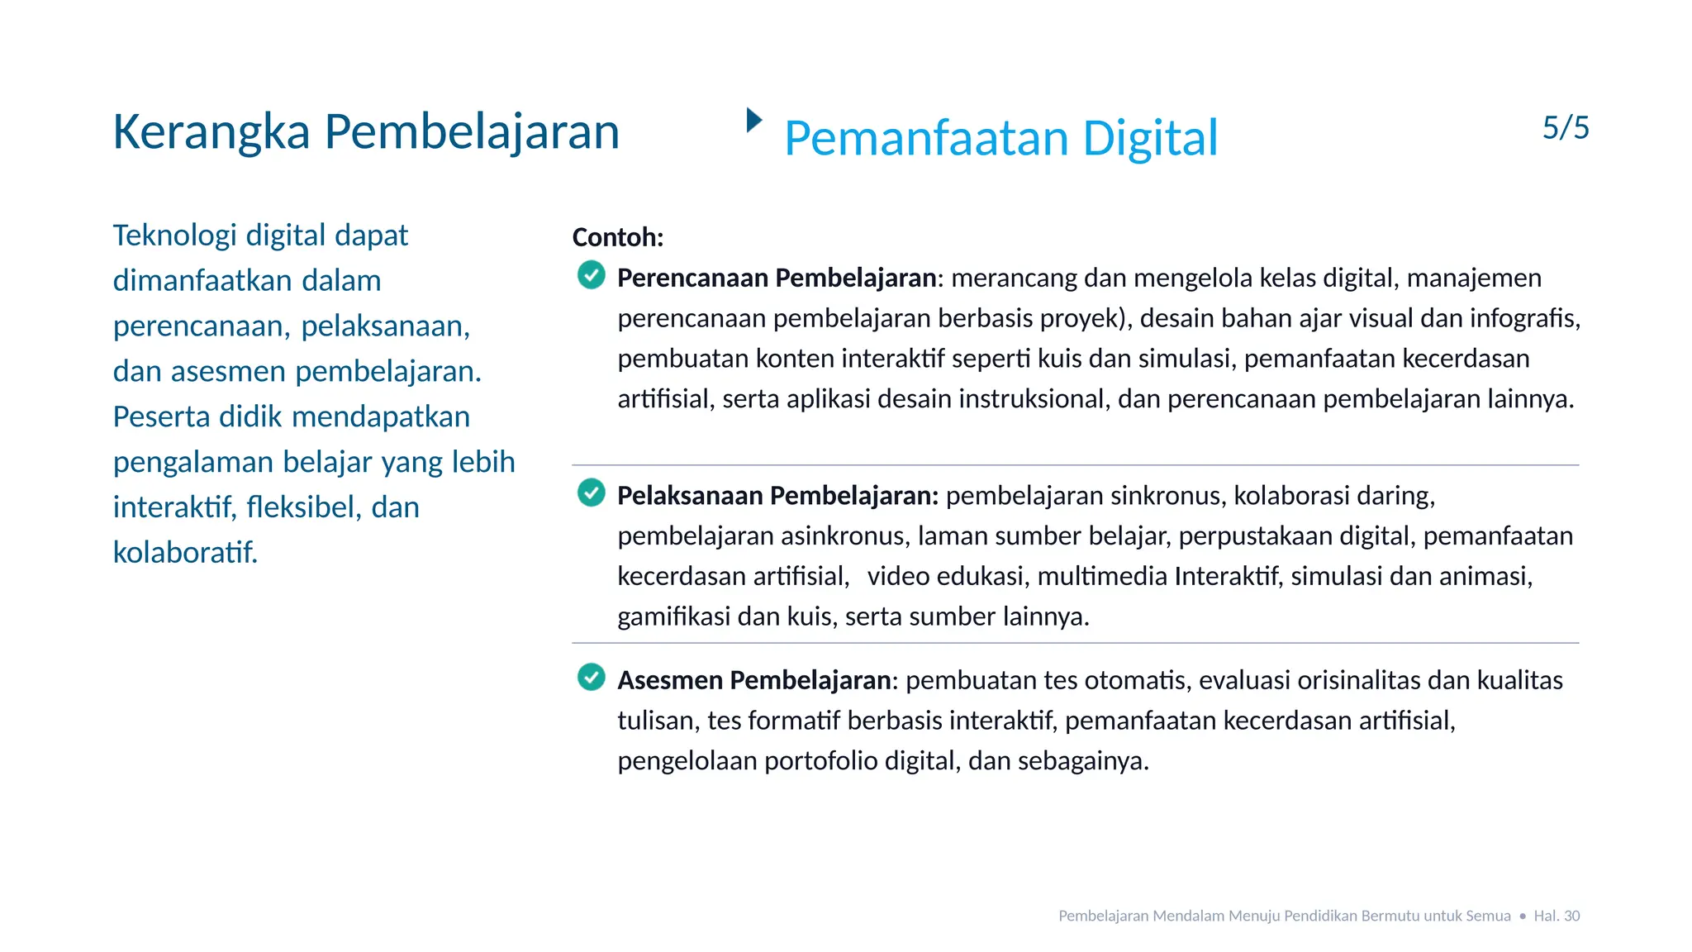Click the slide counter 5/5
coord(1566,128)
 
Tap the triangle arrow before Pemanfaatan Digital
coord(753,120)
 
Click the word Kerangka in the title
coord(211,132)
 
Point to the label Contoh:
coord(618,238)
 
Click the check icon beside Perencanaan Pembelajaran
coord(592,274)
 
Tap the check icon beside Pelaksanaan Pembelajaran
coord(592,493)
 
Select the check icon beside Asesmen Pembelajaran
coord(592,677)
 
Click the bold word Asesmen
coord(670,680)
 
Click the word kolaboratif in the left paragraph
coord(185,552)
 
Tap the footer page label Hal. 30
coord(1557,916)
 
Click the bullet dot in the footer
coord(1523,916)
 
